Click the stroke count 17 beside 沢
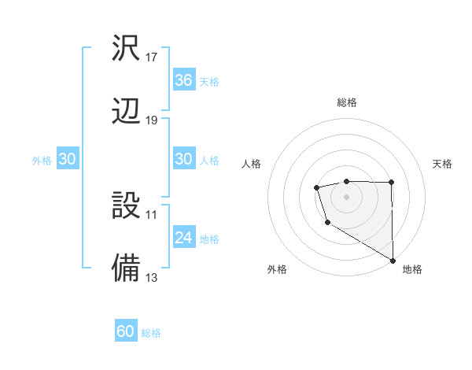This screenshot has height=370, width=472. [x=152, y=57]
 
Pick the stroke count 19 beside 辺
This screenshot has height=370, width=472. [x=152, y=120]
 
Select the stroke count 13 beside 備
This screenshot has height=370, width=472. [x=152, y=277]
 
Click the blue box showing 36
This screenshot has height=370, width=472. [x=183, y=80]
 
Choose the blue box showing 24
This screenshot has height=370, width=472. [x=183, y=238]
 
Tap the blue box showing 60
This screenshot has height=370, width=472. [x=126, y=331]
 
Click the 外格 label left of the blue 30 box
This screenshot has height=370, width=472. [x=42, y=160]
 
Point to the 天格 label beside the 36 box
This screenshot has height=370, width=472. [x=209, y=81]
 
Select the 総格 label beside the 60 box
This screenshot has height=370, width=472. [x=151, y=333]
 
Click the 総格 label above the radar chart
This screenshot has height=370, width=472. [x=347, y=102]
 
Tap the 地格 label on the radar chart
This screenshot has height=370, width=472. [x=412, y=269]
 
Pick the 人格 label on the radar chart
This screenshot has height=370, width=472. [x=252, y=164]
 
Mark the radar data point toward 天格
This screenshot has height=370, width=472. [x=391, y=183]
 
